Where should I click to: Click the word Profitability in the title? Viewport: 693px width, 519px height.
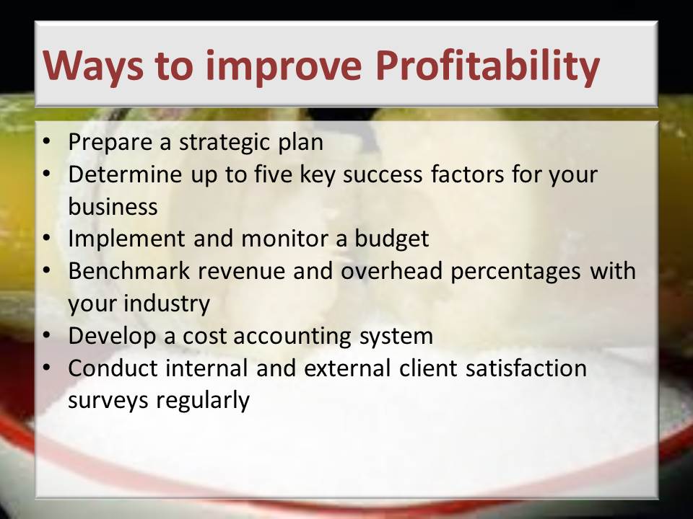487,66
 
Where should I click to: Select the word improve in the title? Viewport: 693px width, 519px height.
284,66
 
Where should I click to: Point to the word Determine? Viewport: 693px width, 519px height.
125,174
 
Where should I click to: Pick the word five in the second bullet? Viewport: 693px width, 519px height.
273,174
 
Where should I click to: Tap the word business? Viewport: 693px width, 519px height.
113,206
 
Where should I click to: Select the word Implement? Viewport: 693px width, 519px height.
126,239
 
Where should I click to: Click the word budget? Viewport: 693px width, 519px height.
391,239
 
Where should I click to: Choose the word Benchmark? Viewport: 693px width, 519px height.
129,270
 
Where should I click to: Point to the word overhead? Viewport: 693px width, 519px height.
391,270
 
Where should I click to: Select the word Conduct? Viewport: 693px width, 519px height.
113,368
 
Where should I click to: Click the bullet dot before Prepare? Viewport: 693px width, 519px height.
46,141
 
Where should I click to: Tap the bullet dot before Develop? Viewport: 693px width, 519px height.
46,335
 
